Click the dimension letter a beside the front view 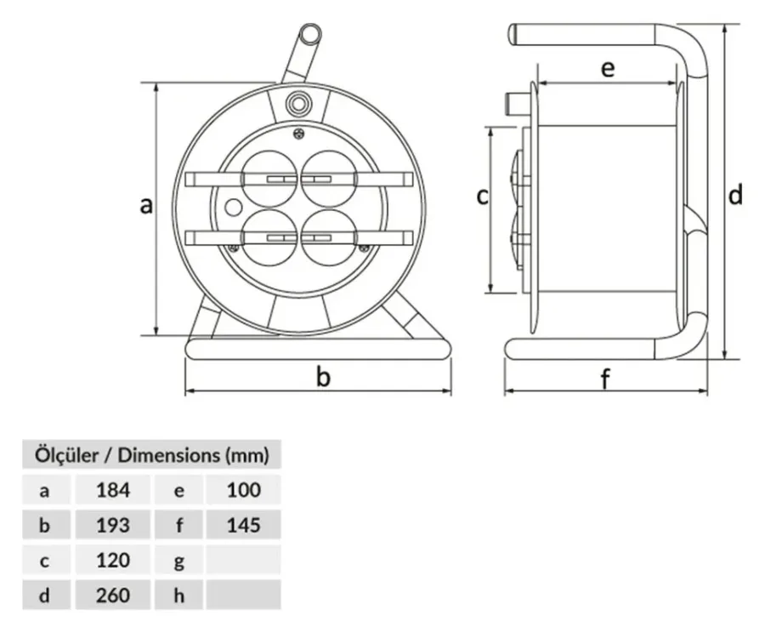(146, 205)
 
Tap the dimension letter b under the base (323, 376)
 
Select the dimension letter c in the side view (482, 197)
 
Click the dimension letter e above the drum (608, 69)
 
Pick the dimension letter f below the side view (605, 378)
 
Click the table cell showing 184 (113, 490)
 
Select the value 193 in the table (113, 525)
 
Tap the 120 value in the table (113, 560)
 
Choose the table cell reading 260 (113, 596)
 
